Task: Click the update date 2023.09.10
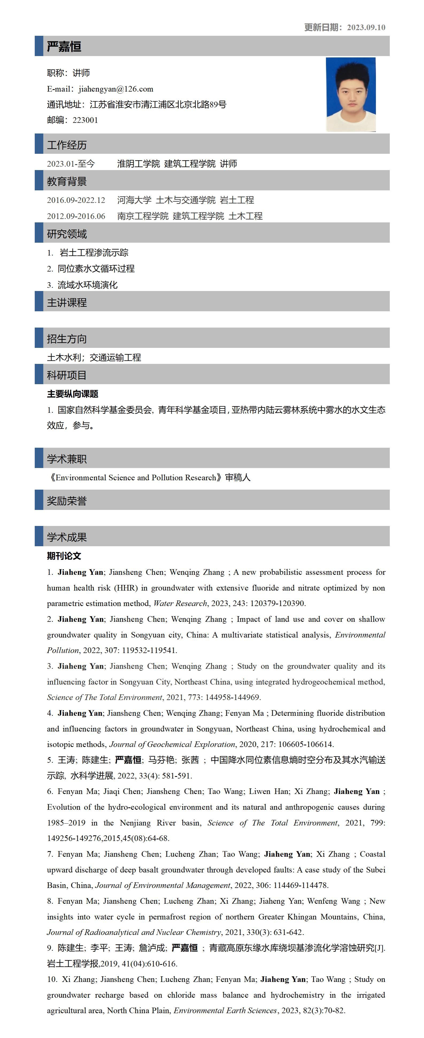click(x=366, y=27)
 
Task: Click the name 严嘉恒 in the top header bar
click(x=64, y=47)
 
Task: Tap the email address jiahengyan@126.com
click(x=116, y=89)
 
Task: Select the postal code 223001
click(x=85, y=120)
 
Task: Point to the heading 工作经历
click(x=67, y=145)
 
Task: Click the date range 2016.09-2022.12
click(x=76, y=200)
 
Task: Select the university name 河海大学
click(x=134, y=200)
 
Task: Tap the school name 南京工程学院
click(x=143, y=217)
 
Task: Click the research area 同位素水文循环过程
click(x=96, y=269)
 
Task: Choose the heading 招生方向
click(x=67, y=339)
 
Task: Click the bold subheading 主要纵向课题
click(x=73, y=394)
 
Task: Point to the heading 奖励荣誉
click(x=67, y=501)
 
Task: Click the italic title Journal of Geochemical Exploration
click(x=172, y=744)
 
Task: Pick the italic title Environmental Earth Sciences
click(x=225, y=1010)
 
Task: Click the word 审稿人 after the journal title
click(x=238, y=478)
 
